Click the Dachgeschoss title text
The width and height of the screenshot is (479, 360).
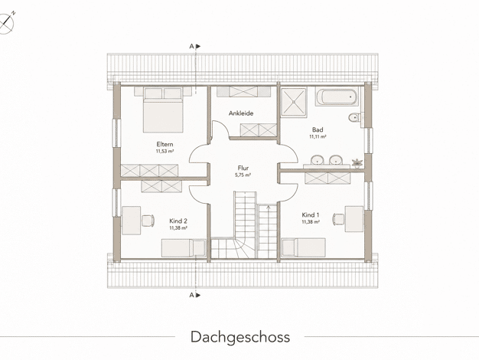coord(240,337)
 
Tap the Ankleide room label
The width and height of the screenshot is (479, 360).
coord(241,113)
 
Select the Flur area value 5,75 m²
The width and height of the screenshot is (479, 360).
coord(243,175)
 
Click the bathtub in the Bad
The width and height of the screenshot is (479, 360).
coord(337,97)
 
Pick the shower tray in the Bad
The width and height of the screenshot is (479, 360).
coord(293,103)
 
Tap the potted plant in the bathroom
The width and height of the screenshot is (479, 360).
coord(357,162)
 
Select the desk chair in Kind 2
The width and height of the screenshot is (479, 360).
coord(148,221)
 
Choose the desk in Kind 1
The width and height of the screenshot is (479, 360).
coord(354,219)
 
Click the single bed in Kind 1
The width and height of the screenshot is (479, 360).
coord(303,247)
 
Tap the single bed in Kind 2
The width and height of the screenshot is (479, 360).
coord(184,248)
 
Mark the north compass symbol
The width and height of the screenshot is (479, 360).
coord(7,23)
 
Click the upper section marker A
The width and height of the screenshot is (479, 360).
coord(194,47)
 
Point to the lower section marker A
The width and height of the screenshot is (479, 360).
coord(194,295)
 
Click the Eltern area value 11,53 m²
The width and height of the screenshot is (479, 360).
coord(165,152)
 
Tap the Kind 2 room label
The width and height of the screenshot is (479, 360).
coord(178,221)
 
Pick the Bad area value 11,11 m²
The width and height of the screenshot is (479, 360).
coord(318,136)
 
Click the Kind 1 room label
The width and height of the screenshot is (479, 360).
coord(311,215)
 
